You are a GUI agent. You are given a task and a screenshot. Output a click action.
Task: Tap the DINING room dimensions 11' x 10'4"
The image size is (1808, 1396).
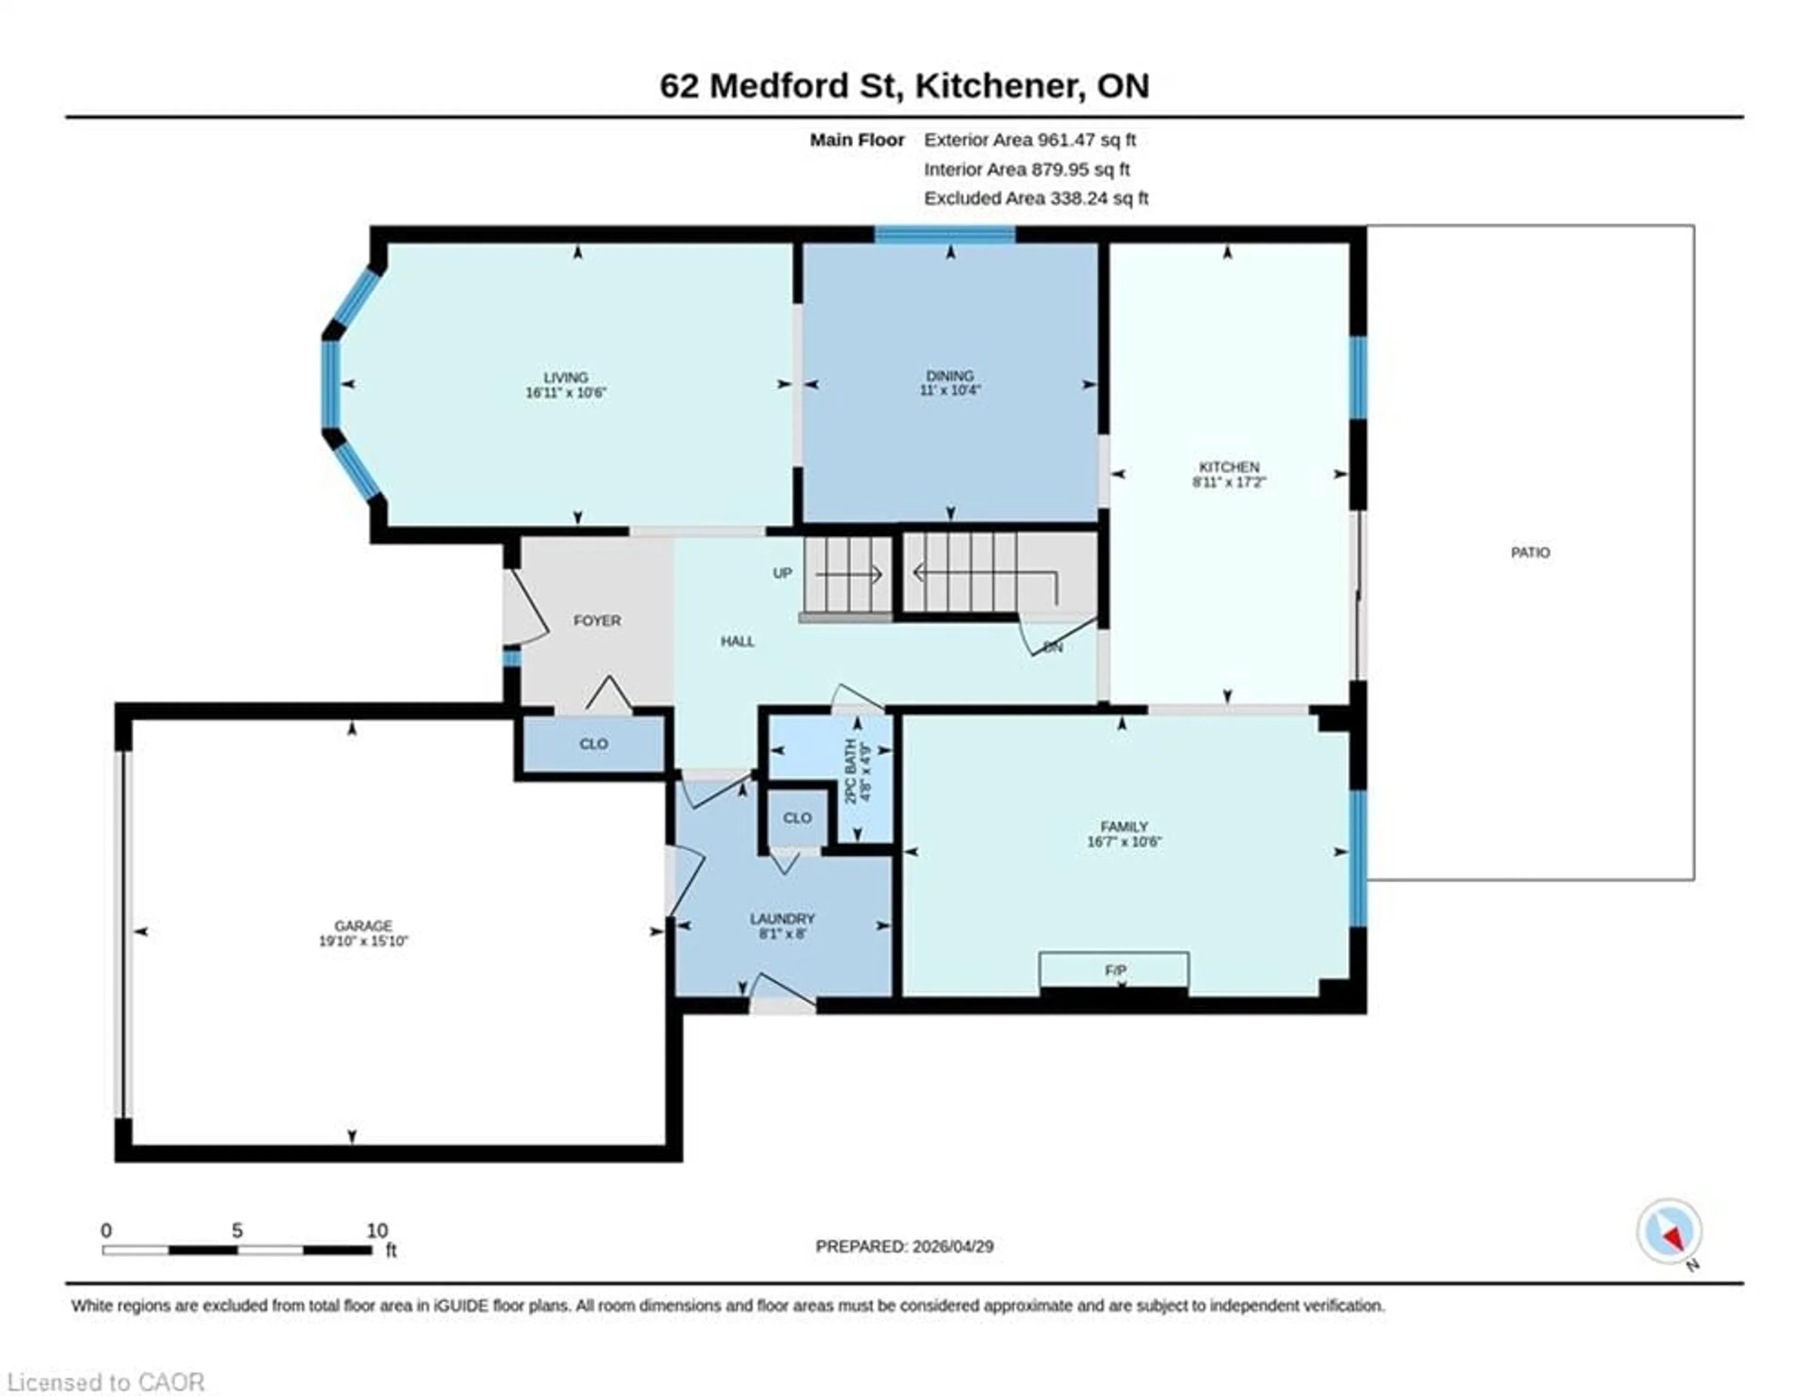[950, 390]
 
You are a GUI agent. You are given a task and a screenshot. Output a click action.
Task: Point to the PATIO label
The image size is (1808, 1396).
[1530, 552]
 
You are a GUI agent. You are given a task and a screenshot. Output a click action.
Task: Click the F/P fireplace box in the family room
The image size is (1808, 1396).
[1114, 970]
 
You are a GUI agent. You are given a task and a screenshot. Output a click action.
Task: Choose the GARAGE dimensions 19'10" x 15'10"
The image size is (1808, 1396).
[363, 941]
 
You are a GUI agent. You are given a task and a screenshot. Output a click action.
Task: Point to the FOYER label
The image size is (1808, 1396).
[597, 620]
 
